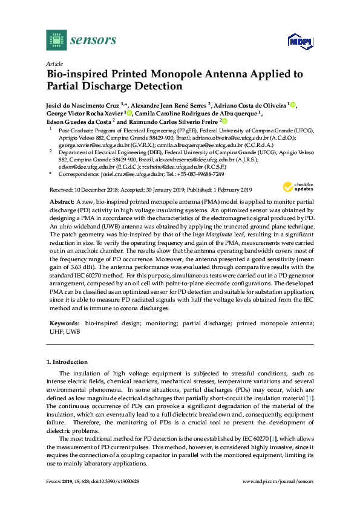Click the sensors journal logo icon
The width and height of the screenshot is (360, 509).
(x=56, y=40)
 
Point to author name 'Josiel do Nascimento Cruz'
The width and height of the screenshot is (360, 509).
(x=83, y=105)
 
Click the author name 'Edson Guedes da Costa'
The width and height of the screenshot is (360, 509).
(x=78, y=121)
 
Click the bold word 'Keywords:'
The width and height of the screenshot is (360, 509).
(x=64, y=323)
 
